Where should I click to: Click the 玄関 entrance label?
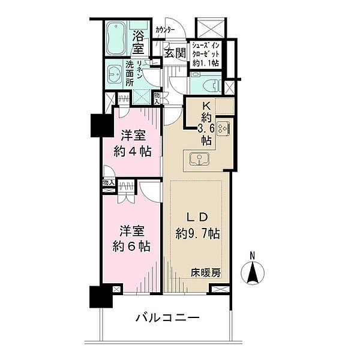pyautogui.click(x=175, y=53)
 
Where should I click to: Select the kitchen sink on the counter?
pyautogui.click(x=198, y=159)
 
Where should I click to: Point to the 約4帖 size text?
pyautogui.click(x=133, y=151)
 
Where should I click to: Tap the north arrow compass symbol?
pyautogui.click(x=253, y=274)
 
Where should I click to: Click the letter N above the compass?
pyautogui.click(x=253, y=256)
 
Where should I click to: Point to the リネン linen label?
pyautogui.click(x=139, y=68)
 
